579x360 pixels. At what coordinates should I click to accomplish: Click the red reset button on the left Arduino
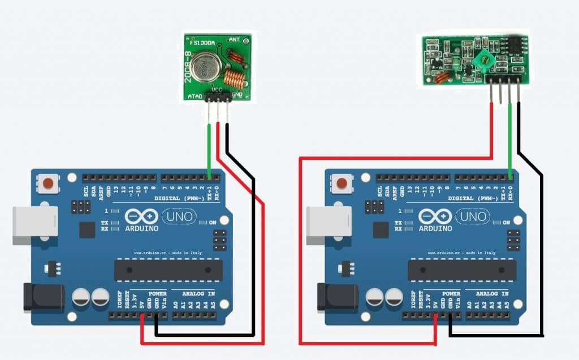coord(49,183)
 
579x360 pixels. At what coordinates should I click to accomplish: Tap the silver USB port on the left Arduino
coord(35,225)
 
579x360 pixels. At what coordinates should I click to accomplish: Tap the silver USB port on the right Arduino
coord(329,225)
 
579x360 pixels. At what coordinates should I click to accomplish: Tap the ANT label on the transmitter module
coord(234,40)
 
